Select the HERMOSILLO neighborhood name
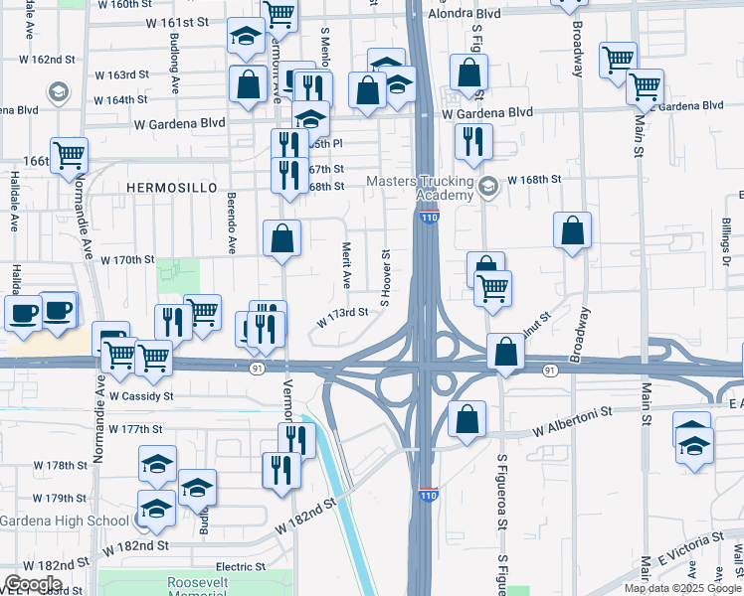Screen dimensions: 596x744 (165, 187)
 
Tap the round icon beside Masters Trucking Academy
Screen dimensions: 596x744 (488, 186)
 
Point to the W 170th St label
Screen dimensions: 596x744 (127, 260)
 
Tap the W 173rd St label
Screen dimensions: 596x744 (342, 317)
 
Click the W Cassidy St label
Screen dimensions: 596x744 (141, 395)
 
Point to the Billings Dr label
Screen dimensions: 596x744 (728, 235)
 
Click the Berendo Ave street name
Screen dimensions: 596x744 (231, 223)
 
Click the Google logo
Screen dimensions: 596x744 (34, 583)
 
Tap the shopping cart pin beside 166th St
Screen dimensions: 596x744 (70, 155)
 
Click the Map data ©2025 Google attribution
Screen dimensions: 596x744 (682, 588)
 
